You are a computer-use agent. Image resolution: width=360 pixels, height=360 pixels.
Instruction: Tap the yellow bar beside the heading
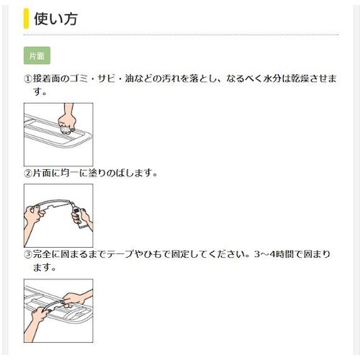[26, 18]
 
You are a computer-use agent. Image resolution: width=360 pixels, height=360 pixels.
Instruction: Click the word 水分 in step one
[276, 78]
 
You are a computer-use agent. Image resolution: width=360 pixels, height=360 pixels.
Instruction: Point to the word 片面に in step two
[48, 174]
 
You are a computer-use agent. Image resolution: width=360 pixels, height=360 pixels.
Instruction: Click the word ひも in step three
[153, 254]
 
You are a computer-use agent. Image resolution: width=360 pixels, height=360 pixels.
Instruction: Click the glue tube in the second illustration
[77, 213]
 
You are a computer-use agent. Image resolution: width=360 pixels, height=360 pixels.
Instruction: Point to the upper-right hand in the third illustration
[78, 297]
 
